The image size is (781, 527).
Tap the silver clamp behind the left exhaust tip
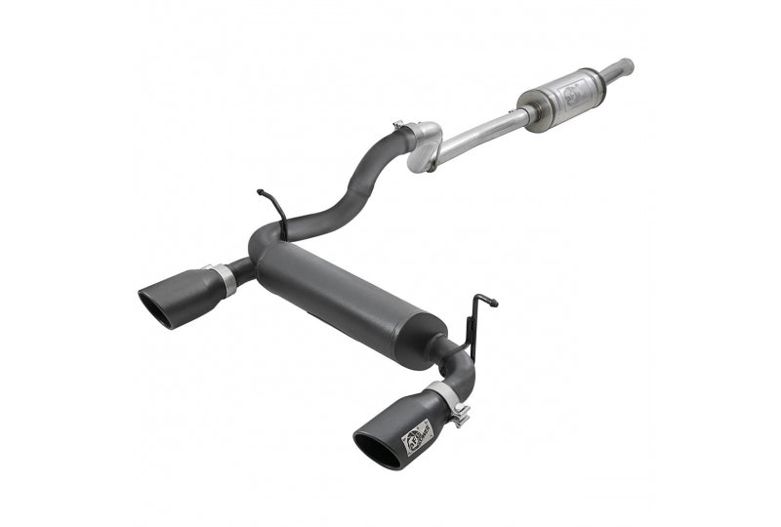pyautogui.click(x=224, y=278)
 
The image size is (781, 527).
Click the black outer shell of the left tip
pyautogui.click(x=190, y=293)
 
